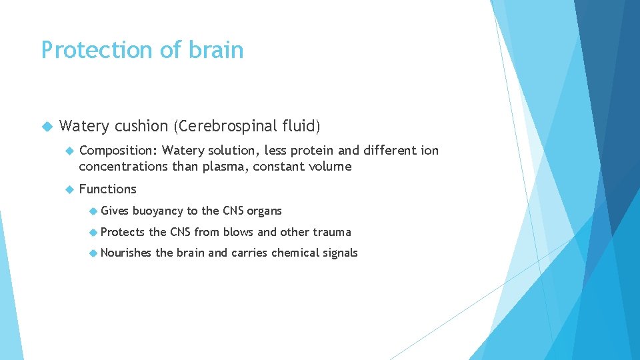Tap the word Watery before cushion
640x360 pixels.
(x=84, y=126)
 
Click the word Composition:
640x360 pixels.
(x=118, y=151)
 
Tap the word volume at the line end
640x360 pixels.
(x=329, y=167)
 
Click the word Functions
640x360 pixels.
(x=107, y=189)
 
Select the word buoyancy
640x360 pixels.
(x=157, y=211)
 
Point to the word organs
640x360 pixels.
(x=265, y=211)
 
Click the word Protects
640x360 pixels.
(x=122, y=232)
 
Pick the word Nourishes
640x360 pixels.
(x=126, y=253)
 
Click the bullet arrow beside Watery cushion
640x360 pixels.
(x=46, y=126)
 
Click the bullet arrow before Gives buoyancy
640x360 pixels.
(x=93, y=211)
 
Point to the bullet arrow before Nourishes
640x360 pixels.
(x=93, y=253)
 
